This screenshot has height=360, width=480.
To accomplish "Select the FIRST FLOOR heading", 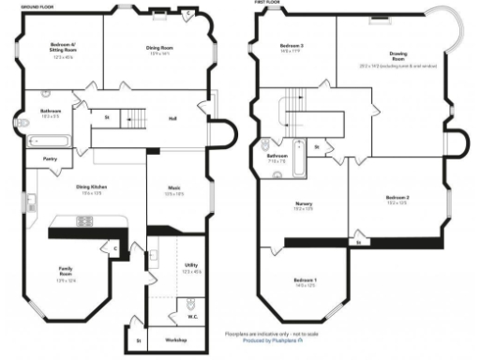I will (267, 3).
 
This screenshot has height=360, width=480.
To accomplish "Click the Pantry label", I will (51, 158).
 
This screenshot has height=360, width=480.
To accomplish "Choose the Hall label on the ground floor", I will (172, 118).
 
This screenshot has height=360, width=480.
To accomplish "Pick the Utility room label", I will (191, 266).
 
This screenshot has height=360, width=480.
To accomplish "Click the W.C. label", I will (192, 317).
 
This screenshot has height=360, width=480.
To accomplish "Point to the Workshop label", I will (176, 339).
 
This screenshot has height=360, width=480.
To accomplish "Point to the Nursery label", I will (304, 205).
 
